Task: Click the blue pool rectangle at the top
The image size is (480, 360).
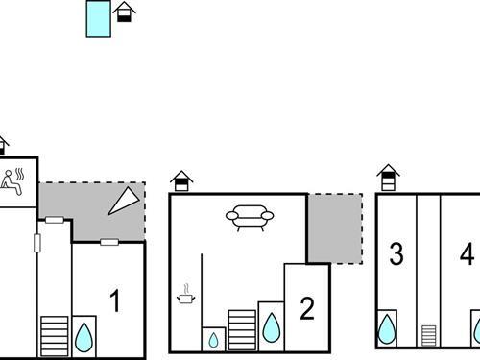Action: [x=98, y=18]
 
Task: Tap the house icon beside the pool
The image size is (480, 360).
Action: [x=124, y=12]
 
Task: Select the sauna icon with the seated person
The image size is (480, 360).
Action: [x=14, y=180]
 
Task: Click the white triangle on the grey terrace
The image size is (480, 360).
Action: [x=124, y=202]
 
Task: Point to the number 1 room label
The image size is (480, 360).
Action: [x=114, y=302]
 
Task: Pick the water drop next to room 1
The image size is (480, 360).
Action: [x=84, y=335]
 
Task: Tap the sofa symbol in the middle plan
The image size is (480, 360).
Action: [x=250, y=217]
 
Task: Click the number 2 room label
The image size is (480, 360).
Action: [x=306, y=308]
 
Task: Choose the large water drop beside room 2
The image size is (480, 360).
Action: [x=271, y=328]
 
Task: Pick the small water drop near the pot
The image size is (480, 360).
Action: [x=213, y=339]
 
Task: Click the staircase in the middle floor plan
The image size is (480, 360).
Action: [x=242, y=329]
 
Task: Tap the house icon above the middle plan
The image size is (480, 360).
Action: [x=181, y=180]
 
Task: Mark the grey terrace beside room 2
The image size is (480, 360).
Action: [x=334, y=228]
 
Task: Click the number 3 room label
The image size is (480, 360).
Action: [x=396, y=254]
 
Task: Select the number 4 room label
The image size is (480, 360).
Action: [x=467, y=254]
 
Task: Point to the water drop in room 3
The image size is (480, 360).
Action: [x=387, y=328]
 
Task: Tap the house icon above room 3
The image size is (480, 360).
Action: [x=388, y=177]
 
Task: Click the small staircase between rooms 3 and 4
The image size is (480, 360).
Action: [x=428, y=334]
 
